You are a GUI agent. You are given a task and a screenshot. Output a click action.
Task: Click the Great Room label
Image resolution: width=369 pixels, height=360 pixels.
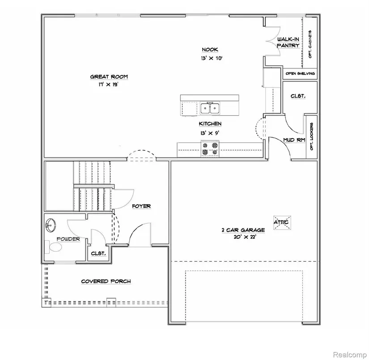click(x=109, y=77)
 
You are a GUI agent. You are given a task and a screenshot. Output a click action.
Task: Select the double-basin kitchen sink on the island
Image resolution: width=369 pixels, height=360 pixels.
click(x=210, y=108)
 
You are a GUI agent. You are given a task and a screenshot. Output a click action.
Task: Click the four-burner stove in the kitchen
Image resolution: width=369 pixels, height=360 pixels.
click(x=210, y=149)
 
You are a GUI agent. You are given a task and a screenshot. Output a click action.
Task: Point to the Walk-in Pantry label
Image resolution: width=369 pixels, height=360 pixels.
click(x=288, y=42)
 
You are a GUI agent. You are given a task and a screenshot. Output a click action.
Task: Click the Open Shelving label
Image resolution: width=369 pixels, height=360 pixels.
click(x=300, y=73)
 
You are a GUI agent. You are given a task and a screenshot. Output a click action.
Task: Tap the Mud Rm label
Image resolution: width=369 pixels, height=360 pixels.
click(x=294, y=140)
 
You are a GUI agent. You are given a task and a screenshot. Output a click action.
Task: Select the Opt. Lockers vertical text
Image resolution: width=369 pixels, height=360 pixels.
click(x=312, y=136)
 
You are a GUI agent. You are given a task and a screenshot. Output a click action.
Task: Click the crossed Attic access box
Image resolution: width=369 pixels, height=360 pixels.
click(x=282, y=222)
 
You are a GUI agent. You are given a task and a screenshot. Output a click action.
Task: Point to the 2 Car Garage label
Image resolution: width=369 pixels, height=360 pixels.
click(x=243, y=230)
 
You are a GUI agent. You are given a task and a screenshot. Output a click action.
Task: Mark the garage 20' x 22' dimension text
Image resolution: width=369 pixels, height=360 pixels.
click(x=245, y=237)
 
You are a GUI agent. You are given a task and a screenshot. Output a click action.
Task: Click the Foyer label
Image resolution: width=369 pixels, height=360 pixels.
click(x=141, y=206)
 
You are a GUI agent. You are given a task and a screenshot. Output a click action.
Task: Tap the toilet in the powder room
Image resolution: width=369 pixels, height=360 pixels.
click(x=53, y=247)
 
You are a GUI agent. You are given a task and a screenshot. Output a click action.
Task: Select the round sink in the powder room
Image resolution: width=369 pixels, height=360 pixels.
click(x=51, y=224)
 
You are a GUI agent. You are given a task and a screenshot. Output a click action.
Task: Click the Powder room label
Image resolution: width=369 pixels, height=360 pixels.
click(x=68, y=239)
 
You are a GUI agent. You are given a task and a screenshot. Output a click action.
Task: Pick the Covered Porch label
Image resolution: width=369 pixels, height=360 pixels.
click(x=106, y=281)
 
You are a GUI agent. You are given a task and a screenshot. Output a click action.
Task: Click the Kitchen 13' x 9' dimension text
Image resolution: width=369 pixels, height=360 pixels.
click(x=210, y=133)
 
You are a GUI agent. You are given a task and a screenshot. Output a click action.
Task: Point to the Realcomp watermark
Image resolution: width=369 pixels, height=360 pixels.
click(x=350, y=354)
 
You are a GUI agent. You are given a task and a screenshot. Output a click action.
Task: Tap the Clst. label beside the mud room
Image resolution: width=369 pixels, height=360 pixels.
click(x=298, y=96)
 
